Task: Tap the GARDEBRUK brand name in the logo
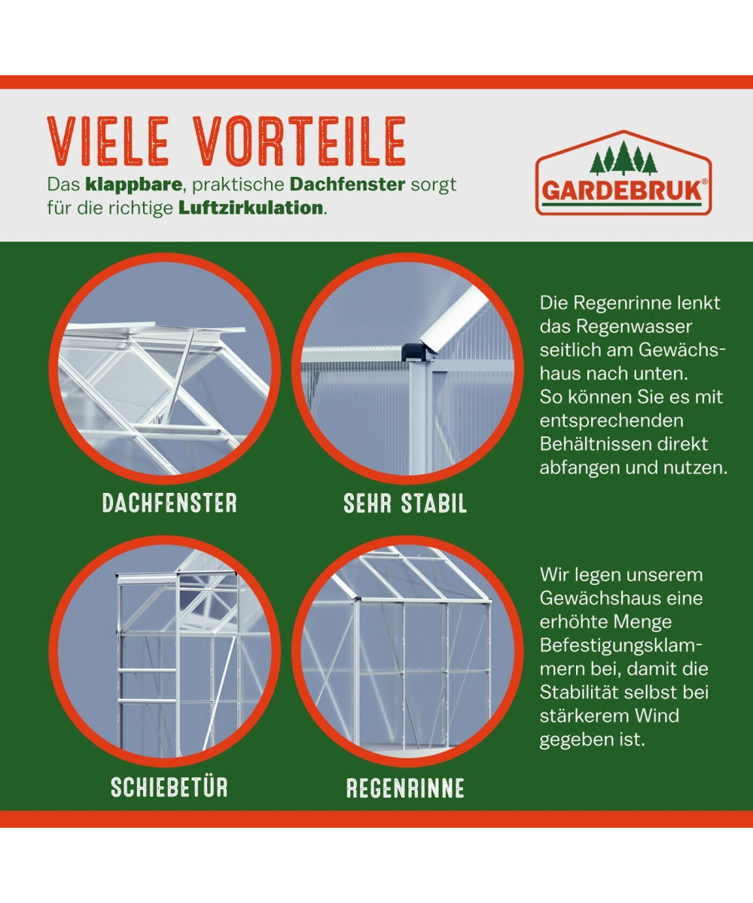621,190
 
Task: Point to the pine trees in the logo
623,158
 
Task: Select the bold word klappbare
134,185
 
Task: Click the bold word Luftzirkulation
251,208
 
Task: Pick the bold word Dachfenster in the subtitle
347,184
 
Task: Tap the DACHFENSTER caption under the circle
169,503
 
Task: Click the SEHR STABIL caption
405,503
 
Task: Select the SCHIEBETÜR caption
169,787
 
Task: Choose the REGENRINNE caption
406,788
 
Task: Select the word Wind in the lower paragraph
657,716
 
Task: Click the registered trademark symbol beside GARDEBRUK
705,182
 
